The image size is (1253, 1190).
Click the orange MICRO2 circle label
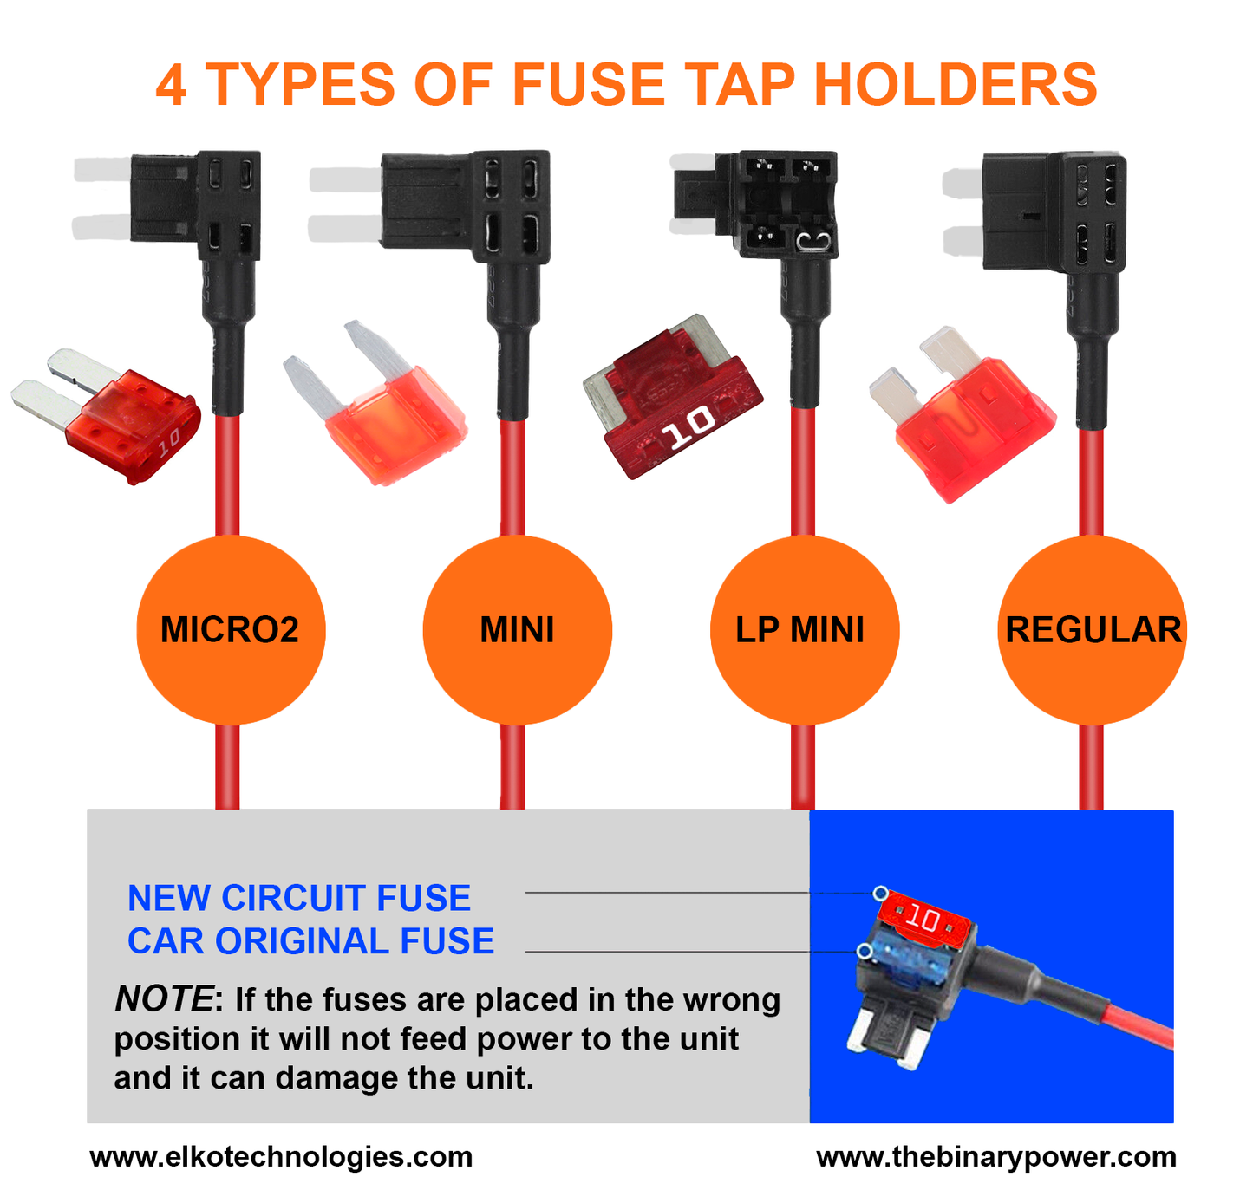click(230, 630)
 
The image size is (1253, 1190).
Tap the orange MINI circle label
click(517, 630)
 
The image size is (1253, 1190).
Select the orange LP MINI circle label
click(804, 630)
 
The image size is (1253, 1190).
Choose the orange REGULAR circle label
click(1092, 630)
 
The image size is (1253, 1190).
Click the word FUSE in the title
click(591, 85)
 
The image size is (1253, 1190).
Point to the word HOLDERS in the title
click(955, 85)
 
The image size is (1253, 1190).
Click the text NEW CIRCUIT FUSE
click(299, 898)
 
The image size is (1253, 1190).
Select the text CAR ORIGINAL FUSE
click(310, 941)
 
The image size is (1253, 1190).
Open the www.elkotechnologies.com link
click(281, 1157)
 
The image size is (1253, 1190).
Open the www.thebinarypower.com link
click(996, 1157)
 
